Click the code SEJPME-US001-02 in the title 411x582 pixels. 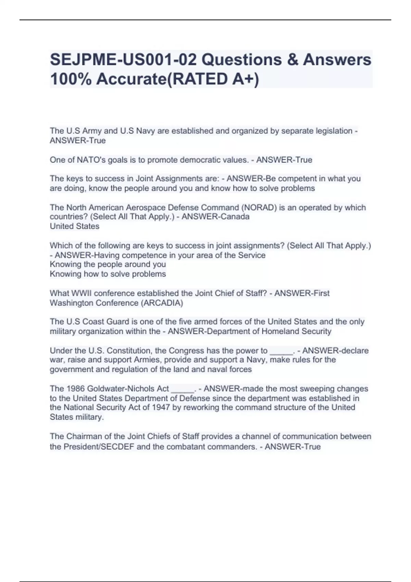123,60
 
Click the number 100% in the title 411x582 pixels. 70,79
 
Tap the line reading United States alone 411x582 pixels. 75,226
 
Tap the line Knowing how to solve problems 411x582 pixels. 108,274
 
